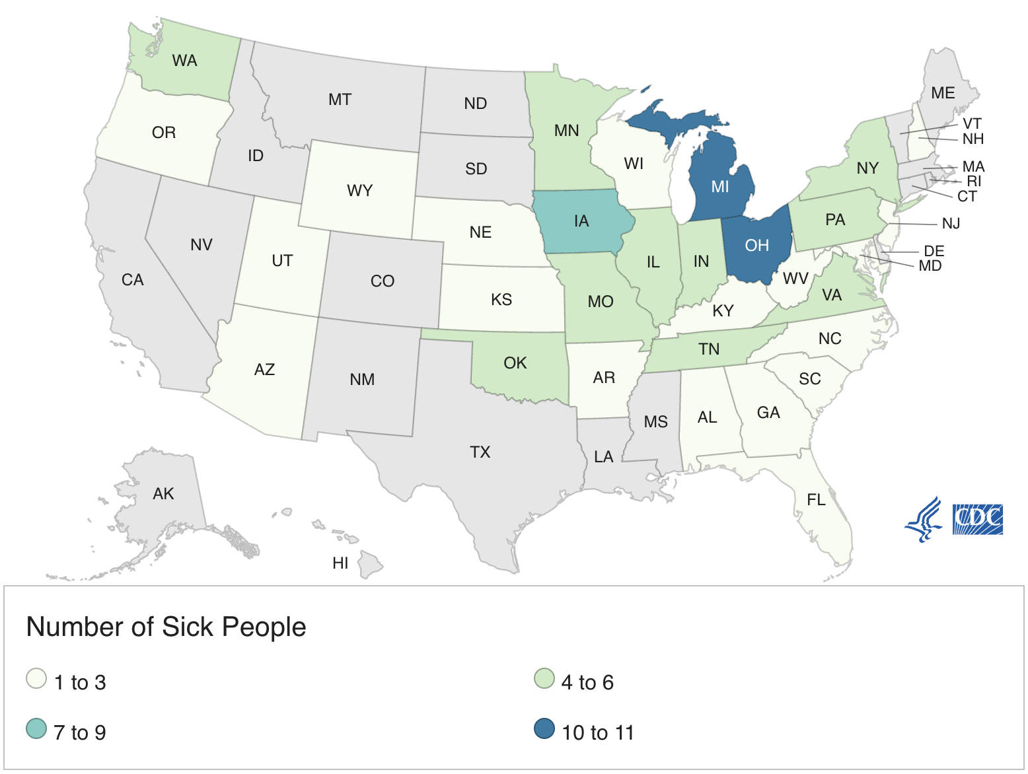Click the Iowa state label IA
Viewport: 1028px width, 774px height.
point(581,221)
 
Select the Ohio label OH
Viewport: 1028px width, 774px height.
point(757,246)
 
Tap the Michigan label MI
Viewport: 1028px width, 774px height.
point(720,187)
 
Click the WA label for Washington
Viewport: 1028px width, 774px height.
point(184,61)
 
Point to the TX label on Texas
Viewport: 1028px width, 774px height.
point(480,452)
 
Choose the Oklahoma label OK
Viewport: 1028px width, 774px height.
point(515,363)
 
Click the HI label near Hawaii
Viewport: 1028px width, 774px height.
point(340,563)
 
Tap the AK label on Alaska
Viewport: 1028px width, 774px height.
point(163,494)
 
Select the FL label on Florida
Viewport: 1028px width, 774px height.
point(817,500)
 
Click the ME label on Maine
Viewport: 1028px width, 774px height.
point(943,93)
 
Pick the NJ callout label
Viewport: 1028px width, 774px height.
point(951,224)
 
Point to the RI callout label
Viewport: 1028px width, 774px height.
point(974,182)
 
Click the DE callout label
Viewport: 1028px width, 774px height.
point(934,252)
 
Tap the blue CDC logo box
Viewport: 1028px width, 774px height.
point(978,519)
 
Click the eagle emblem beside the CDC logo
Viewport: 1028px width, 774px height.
point(924,520)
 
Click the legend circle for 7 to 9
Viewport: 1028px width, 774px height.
point(36,729)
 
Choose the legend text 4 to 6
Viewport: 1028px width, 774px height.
point(587,682)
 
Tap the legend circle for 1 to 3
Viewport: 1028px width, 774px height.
point(36,679)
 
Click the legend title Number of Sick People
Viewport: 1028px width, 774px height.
point(166,627)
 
